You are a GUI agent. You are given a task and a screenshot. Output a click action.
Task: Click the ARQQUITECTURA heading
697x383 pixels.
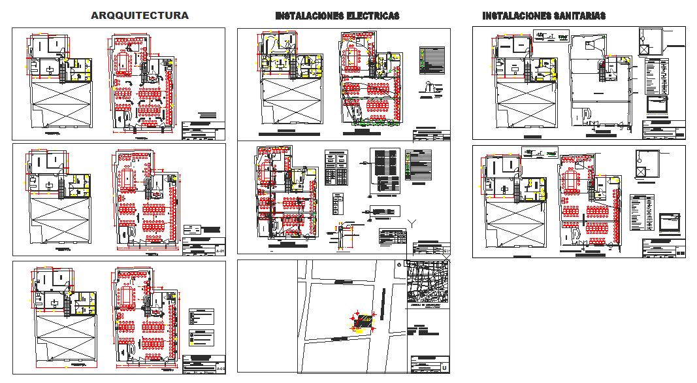[140, 15]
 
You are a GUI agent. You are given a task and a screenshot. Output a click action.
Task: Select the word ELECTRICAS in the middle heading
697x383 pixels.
[372, 16]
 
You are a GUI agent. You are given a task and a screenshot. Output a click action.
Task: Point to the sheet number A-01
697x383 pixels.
[220, 251]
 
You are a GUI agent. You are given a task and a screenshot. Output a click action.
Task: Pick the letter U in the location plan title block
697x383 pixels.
[444, 368]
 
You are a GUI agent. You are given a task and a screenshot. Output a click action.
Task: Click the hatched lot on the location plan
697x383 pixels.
[363, 321]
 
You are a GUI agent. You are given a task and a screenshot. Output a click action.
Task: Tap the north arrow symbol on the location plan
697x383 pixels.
[398, 265]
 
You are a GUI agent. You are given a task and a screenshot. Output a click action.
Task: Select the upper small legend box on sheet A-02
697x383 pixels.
[201, 317]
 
